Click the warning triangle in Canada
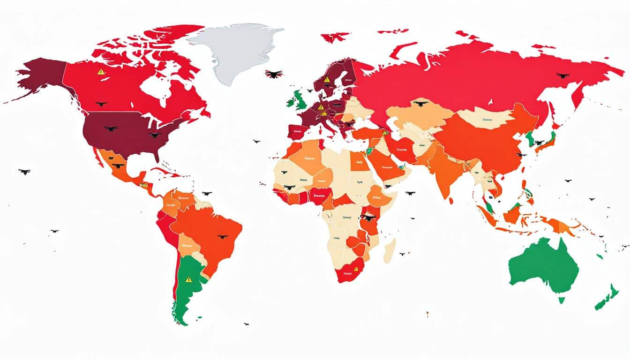pos(101,72)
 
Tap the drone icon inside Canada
pos(101,104)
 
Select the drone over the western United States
pos(111,128)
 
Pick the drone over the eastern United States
pos(155,135)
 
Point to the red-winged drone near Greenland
pos(273,74)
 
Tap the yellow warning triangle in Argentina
pos(188,279)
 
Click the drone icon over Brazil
pos(223,237)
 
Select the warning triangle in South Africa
pos(356,269)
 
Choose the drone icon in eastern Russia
pos(562,75)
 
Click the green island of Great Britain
pos(299,99)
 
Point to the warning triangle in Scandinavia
pos(326,79)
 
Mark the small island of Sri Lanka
pos(450,201)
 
